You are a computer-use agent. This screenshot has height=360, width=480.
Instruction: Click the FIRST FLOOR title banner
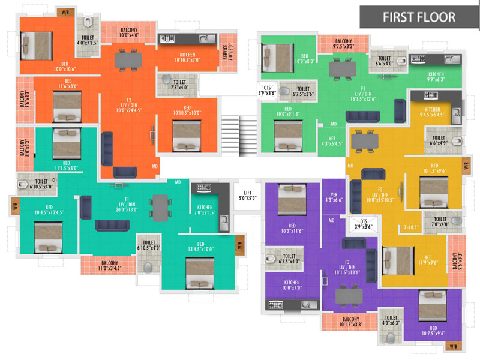pos(419,17)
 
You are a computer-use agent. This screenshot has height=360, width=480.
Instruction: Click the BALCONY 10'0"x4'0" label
pos(130,32)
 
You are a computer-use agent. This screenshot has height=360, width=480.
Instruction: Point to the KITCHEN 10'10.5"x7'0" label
pos(187,56)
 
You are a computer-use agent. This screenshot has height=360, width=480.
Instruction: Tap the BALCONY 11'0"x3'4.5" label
pos(110,265)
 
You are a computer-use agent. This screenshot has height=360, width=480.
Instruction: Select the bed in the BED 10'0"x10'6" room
pos(37,44)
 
